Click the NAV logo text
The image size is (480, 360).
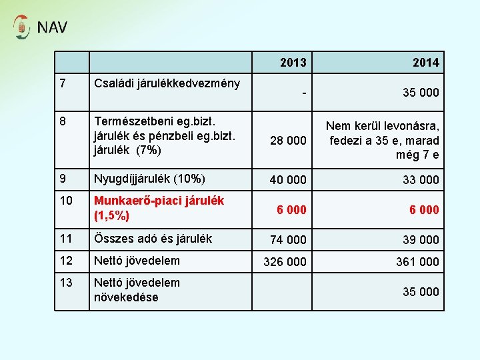[x=52, y=27]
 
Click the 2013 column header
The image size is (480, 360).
[x=293, y=63]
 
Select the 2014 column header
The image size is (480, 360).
[x=425, y=63]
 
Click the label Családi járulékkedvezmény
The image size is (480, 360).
[x=167, y=83]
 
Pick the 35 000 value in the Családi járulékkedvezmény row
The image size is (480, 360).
[x=421, y=93]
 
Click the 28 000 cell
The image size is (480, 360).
[x=288, y=140]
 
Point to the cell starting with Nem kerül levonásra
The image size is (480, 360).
[x=383, y=140]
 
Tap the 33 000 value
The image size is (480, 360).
[x=421, y=180]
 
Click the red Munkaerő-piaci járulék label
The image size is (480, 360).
[x=159, y=208]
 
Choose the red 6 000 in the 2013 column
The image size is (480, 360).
[x=291, y=209]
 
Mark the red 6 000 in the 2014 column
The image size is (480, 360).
[x=424, y=209]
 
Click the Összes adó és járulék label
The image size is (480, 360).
[x=153, y=238]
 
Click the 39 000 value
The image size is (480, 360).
[x=421, y=240]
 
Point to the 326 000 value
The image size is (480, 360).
[x=285, y=262]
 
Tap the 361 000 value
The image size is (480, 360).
[x=418, y=262]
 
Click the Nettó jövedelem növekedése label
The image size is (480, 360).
[x=137, y=290]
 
